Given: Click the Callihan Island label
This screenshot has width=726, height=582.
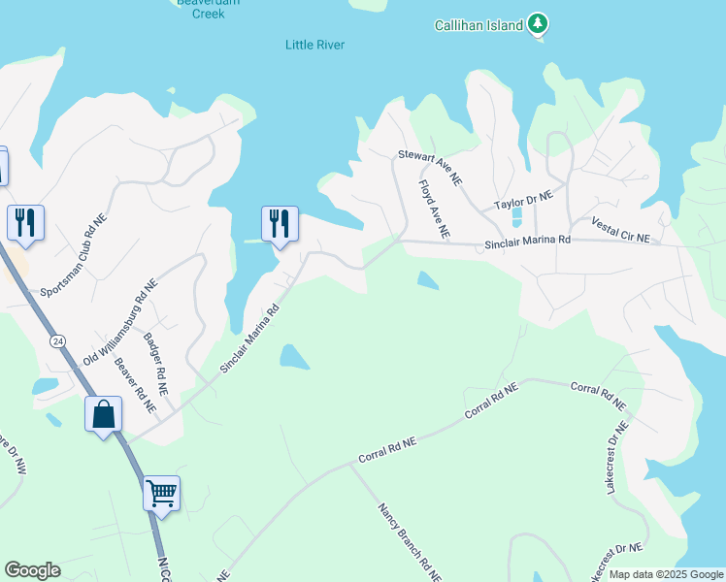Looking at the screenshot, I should point(478,24).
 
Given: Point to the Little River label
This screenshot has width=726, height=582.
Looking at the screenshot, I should point(315,45).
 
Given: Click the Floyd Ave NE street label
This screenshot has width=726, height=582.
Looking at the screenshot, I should point(434,209).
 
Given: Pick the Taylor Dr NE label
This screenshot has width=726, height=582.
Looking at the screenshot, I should point(522,201).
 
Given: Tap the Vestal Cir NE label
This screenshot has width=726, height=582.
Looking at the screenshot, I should point(619,230).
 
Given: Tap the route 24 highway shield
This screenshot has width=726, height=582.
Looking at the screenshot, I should point(58,341).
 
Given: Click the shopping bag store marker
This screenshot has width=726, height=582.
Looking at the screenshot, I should point(103,414).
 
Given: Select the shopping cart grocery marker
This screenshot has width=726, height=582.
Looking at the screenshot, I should point(161,493).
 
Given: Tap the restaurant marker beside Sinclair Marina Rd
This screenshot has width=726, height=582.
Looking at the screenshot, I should point(280,223).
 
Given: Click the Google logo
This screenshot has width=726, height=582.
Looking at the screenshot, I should point(32,570).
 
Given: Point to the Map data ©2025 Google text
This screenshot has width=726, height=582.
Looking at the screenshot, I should point(665,574).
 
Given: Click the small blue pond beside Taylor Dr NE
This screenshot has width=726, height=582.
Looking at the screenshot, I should point(515,215).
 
